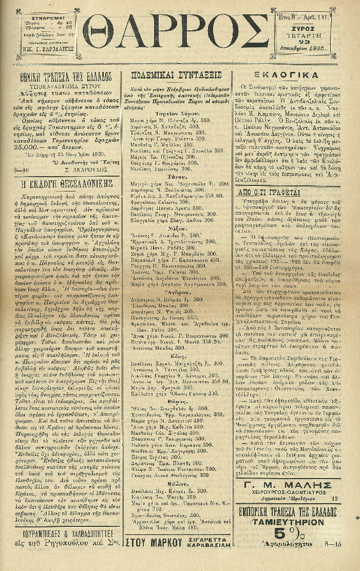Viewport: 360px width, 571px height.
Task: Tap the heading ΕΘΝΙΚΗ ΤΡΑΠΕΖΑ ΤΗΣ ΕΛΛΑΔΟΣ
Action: point(66,75)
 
